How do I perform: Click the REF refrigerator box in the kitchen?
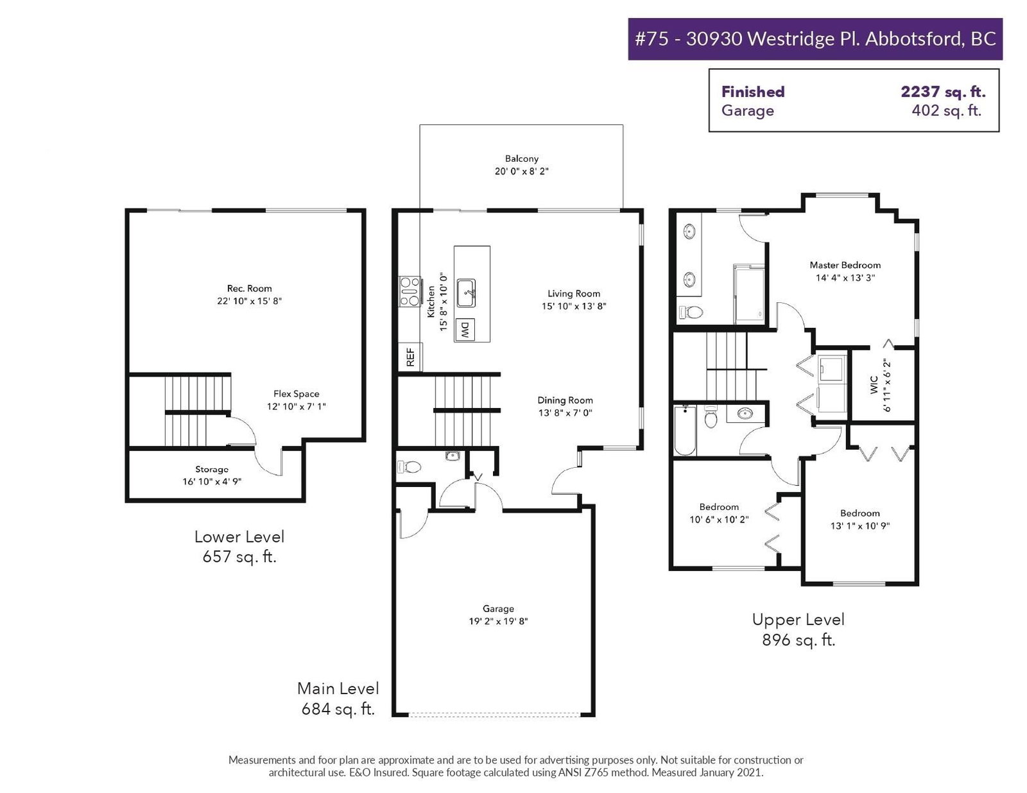click(410, 357)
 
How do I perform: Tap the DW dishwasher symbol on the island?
click(465, 329)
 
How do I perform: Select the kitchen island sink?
click(466, 293)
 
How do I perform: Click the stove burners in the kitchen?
click(410, 291)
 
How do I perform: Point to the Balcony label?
click(521, 158)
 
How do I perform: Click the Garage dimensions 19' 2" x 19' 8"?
click(498, 621)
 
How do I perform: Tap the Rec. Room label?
click(249, 288)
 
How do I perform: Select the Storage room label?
click(212, 469)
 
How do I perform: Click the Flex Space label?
click(297, 393)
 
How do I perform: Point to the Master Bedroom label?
click(845, 265)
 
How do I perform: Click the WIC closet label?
click(874, 385)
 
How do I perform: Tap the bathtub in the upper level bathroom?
click(685, 430)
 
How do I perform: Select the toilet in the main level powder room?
click(410, 467)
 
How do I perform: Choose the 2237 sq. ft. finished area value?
click(943, 92)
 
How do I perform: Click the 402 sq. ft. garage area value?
click(947, 110)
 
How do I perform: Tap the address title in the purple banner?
click(815, 38)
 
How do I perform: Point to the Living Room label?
click(574, 293)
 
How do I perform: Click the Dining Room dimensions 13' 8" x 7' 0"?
click(565, 413)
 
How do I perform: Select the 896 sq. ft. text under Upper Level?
click(798, 640)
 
